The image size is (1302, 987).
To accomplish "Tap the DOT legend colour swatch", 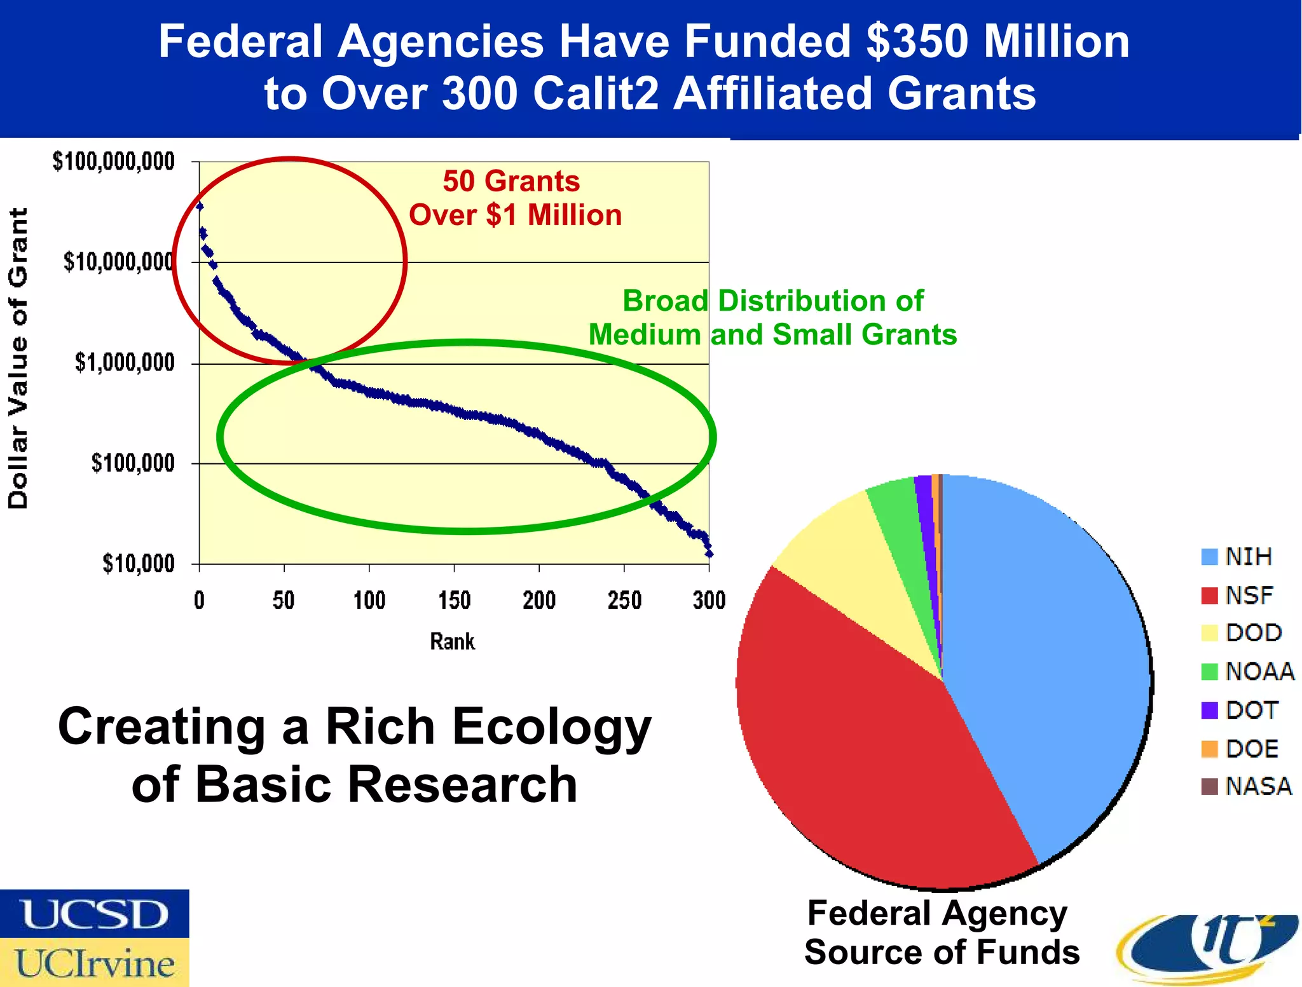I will click(x=1209, y=711).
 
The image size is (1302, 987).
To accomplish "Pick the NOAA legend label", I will click(x=1259, y=672).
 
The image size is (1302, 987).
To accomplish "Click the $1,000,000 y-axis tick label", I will click(x=125, y=363).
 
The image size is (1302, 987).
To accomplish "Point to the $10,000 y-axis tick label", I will click(x=139, y=564).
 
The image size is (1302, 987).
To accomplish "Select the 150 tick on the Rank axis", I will click(x=454, y=600).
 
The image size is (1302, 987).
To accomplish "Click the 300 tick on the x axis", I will click(x=709, y=600).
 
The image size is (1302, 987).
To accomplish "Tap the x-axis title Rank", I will click(x=452, y=641).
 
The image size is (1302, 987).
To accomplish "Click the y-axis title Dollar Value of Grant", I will click(x=18, y=358).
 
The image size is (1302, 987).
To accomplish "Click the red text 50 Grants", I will click(x=511, y=181).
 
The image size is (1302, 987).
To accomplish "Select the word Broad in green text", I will click(x=665, y=301).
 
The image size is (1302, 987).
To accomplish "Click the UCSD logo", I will click(x=94, y=914).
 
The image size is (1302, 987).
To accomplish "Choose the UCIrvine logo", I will click(x=94, y=963).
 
